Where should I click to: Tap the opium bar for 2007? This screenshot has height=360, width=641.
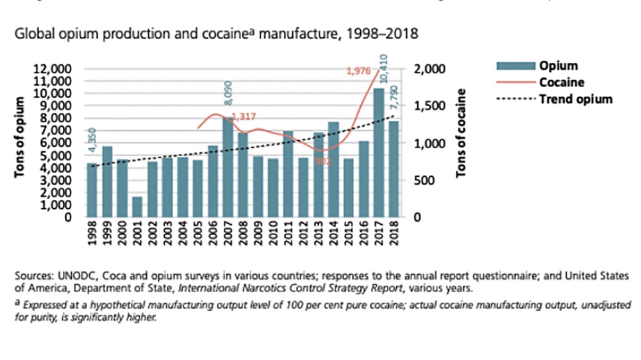pyautogui.click(x=228, y=167)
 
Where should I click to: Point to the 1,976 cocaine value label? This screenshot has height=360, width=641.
pyautogui.click(x=359, y=71)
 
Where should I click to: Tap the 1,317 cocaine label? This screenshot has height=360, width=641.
pyautogui.click(x=244, y=117)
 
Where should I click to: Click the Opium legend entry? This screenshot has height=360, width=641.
pyautogui.click(x=558, y=66)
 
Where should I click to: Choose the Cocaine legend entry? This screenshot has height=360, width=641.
pyautogui.click(x=561, y=83)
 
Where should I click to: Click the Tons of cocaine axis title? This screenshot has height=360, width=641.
pyautogui.click(x=462, y=135)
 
